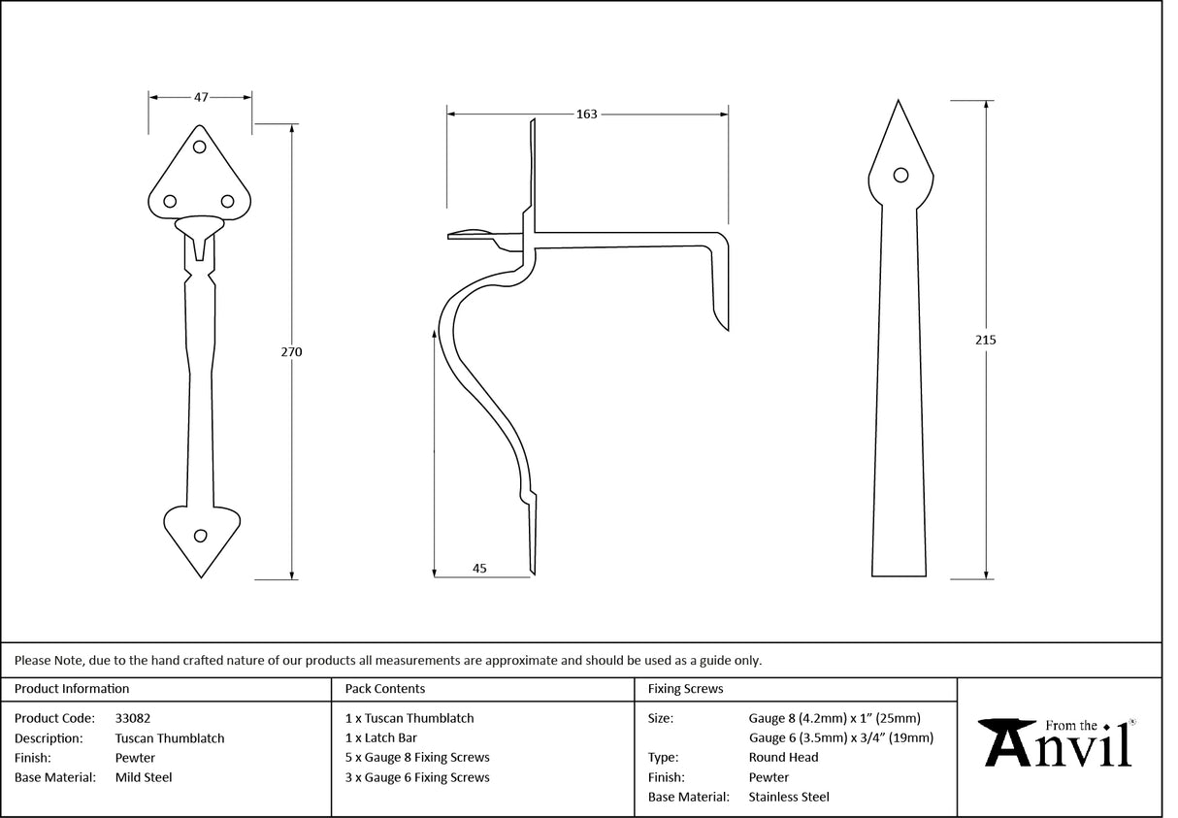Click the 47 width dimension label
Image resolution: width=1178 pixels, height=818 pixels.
[201, 97]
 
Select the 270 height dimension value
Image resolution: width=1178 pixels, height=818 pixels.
[291, 352]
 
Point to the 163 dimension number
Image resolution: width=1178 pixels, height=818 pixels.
[586, 114]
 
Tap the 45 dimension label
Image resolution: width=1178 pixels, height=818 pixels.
[479, 569]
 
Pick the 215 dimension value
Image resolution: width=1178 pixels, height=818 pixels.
[986, 340]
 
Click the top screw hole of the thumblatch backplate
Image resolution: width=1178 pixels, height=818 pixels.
[200, 147]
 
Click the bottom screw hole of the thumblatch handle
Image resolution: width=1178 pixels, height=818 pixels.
[201, 536]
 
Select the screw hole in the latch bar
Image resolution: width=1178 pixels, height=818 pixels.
[900, 175]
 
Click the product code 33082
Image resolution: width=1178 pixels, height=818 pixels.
[132, 718]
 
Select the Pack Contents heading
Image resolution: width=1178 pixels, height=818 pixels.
[384, 689]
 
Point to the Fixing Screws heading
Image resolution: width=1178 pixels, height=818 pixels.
[685, 689]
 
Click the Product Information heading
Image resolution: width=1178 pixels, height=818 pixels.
[72, 689]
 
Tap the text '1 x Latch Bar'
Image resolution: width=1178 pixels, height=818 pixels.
[381, 737]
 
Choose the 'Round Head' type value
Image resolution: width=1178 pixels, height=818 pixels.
[783, 757]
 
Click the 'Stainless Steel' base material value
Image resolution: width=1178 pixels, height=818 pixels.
[789, 797]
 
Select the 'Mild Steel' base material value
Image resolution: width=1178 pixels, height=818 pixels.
[144, 777]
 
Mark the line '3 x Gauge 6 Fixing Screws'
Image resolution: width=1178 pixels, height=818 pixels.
[417, 777]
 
